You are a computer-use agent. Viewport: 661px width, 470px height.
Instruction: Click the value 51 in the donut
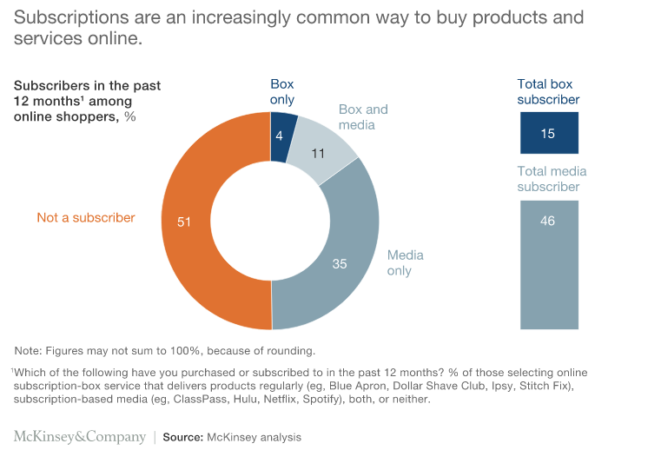(183, 222)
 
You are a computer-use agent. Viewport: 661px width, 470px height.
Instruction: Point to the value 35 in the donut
(340, 263)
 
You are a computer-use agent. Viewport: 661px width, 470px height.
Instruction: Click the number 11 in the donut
(317, 154)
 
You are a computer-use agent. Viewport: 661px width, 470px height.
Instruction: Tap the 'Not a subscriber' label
(86, 218)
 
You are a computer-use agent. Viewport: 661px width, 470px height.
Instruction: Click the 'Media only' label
(406, 262)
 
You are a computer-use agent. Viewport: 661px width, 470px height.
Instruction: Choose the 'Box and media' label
(362, 117)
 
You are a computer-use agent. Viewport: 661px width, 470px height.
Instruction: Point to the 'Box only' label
(282, 92)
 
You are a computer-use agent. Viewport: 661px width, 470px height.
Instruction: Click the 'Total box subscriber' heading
(548, 92)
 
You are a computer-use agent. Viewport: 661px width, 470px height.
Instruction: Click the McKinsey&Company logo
(80, 437)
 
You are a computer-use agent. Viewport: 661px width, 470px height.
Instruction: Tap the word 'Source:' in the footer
(182, 438)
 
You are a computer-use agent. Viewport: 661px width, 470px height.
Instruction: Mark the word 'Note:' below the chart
(30, 351)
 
